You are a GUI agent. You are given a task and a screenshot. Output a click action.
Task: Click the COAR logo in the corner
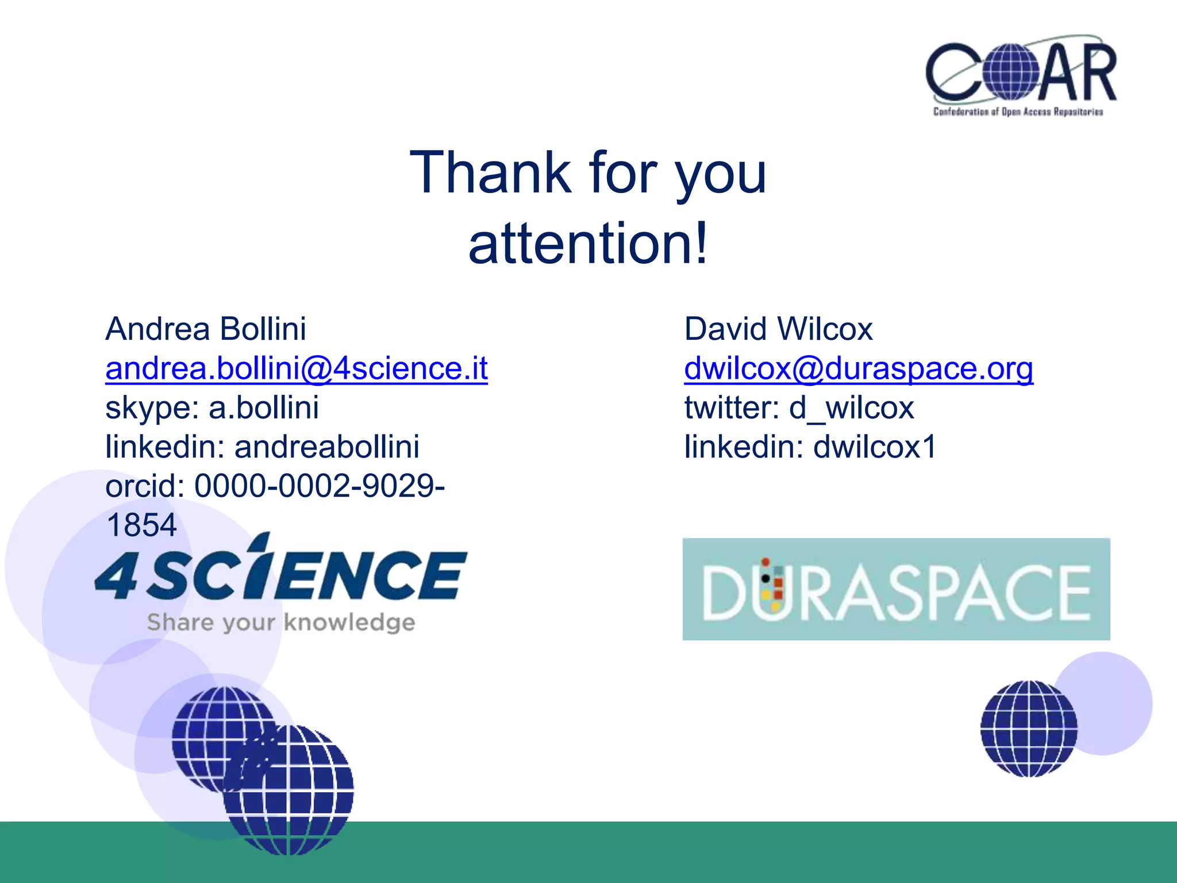coord(1021,75)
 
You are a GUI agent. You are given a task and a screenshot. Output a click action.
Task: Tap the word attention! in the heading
coord(588,244)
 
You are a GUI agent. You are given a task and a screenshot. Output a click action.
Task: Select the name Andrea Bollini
coord(206,329)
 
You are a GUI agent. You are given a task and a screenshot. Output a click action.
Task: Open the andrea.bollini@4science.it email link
coord(297,368)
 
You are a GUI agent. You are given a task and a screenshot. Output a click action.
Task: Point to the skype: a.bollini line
coord(212,408)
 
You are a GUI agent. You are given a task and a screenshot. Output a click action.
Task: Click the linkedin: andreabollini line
coord(262,447)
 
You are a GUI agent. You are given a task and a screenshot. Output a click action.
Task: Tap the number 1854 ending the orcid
coord(141,525)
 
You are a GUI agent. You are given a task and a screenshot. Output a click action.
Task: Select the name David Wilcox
coord(778,329)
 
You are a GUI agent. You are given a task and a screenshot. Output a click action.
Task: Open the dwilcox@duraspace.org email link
coord(859,368)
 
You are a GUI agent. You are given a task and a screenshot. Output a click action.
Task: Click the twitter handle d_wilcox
coord(851,408)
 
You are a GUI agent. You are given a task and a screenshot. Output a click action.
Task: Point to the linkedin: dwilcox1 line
coord(810,447)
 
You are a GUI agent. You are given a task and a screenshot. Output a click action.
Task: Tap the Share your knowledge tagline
coord(280,623)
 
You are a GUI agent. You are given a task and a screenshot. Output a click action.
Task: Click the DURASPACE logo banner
coord(896,589)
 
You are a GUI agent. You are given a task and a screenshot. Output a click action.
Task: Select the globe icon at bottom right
coord(1029,728)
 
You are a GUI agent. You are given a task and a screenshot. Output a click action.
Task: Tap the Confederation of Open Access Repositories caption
coord(1018,112)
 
